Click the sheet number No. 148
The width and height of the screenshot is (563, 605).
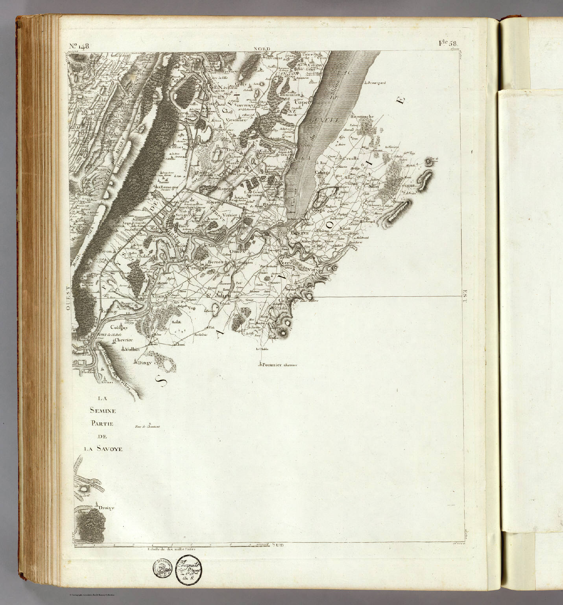[79, 46]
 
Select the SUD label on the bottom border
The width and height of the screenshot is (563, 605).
[277, 545]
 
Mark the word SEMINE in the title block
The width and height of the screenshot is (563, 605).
[103, 411]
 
